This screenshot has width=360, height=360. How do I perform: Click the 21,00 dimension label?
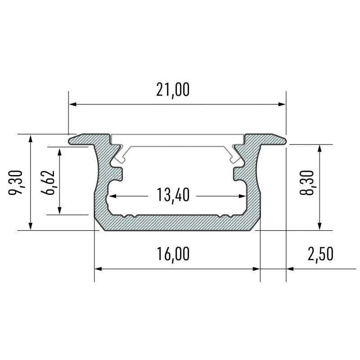(x=173, y=90)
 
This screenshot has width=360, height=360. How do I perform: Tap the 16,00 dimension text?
(x=173, y=254)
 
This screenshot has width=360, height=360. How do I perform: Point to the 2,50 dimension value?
(x=320, y=254)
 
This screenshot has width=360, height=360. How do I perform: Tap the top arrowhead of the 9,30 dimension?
(x=30, y=138)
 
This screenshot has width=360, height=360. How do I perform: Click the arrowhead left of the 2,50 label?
(x=290, y=269)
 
